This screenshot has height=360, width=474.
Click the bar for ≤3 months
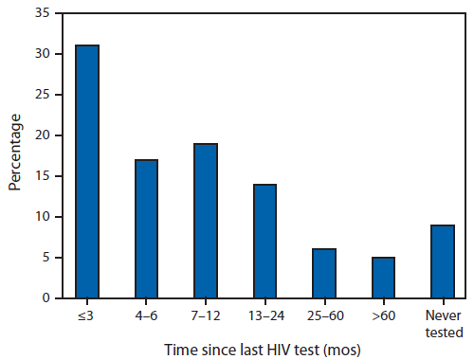pos(88,171)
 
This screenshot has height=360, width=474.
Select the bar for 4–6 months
pos(146,228)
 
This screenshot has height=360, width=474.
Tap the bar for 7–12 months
pos(205,221)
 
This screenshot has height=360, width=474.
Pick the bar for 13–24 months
pos(264,241)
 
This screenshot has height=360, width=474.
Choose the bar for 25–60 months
pos(323,274)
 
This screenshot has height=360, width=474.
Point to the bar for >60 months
pos(382,278)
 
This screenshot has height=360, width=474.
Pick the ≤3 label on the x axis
pos(87,314)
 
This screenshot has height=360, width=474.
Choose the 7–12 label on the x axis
pos(205,314)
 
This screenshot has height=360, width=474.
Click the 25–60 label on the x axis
pos(323,314)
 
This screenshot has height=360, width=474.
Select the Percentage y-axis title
pos(16,153)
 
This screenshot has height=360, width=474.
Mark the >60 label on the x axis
pos(382,314)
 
